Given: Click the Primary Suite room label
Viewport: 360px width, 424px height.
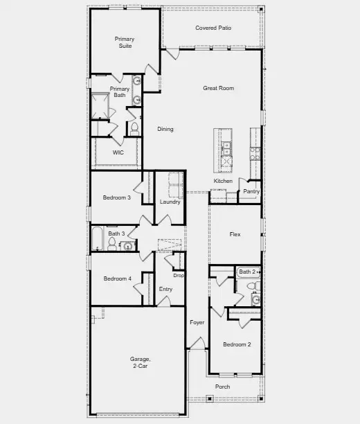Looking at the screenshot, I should tap(125, 42).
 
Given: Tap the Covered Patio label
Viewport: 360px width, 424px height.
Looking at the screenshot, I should tap(213, 28).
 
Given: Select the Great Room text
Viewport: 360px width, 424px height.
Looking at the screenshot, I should tap(218, 88).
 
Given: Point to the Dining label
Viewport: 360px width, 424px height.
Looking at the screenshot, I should tap(165, 130).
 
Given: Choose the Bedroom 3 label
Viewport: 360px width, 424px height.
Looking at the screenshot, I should tap(117, 198).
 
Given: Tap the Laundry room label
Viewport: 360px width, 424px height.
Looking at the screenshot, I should tap(170, 202).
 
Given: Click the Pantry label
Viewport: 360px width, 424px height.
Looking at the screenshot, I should tap(251, 192).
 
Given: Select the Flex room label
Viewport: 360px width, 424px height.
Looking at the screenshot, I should tap(235, 235).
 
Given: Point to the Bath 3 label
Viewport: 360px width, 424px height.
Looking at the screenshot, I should tap(116, 233).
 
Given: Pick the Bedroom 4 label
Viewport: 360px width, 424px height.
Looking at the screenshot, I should tap(118, 279).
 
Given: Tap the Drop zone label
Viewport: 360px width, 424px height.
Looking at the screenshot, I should tap(179, 276).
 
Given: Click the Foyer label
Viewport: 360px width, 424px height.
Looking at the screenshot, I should tap(197, 323).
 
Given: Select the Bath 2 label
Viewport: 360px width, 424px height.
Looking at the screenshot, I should tap(248, 272).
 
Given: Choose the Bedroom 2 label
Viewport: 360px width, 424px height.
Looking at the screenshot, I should tap(237, 344).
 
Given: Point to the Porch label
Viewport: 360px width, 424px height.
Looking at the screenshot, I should tap(222, 387).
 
